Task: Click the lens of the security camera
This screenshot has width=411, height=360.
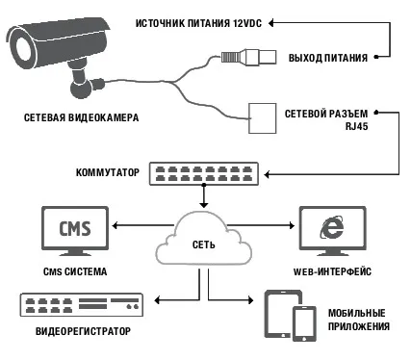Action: click(22, 48)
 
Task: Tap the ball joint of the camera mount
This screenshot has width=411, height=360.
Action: click(82, 89)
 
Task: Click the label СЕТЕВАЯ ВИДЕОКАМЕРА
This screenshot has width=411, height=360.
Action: click(82, 117)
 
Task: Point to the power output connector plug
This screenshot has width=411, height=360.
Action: click(248, 57)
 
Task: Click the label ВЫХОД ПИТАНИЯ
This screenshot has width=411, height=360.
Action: click(328, 58)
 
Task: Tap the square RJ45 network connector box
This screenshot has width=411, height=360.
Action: click(263, 118)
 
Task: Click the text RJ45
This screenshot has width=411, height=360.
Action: click(356, 126)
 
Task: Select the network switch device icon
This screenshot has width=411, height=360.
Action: click(204, 173)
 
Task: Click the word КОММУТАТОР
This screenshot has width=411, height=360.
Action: click(108, 172)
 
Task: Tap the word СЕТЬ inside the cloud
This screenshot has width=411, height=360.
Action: click(204, 244)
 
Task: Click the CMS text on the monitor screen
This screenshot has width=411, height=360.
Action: click(75, 228)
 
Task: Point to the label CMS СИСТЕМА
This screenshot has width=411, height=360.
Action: click(75, 271)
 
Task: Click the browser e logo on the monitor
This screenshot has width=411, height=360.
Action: click(332, 227)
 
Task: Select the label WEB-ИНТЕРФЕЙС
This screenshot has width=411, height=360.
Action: click(332, 271)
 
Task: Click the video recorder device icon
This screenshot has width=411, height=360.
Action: click(82, 305)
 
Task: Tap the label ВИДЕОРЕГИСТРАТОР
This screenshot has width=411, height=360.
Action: click(83, 331)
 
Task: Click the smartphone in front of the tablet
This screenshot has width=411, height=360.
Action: click(304, 323)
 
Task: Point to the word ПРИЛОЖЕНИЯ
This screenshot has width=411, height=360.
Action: click(359, 326)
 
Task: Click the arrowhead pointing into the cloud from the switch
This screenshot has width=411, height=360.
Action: click(204, 204)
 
